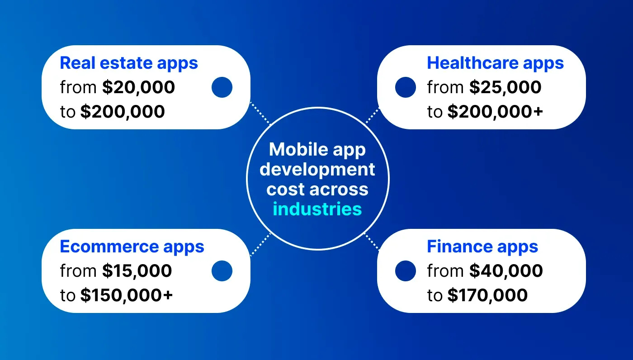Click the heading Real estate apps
(x=129, y=63)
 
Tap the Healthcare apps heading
(x=495, y=63)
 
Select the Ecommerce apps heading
(x=132, y=247)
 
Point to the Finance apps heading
(x=482, y=247)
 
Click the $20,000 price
(x=138, y=87)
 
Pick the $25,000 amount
(x=505, y=87)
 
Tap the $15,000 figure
(x=137, y=271)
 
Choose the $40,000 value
(x=506, y=271)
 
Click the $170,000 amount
(x=487, y=295)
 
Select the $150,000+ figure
(x=127, y=295)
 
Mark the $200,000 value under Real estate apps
(x=123, y=112)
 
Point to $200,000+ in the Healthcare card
(x=495, y=112)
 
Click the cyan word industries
(x=317, y=209)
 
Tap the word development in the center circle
(x=317, y=169)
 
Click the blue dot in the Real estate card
(x=222, y=87)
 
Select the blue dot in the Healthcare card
(x=405, y=87)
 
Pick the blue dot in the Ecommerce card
(x=222, y=271)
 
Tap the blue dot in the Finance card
(x=405, y=271)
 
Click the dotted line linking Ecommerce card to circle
(x=260, y=245)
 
